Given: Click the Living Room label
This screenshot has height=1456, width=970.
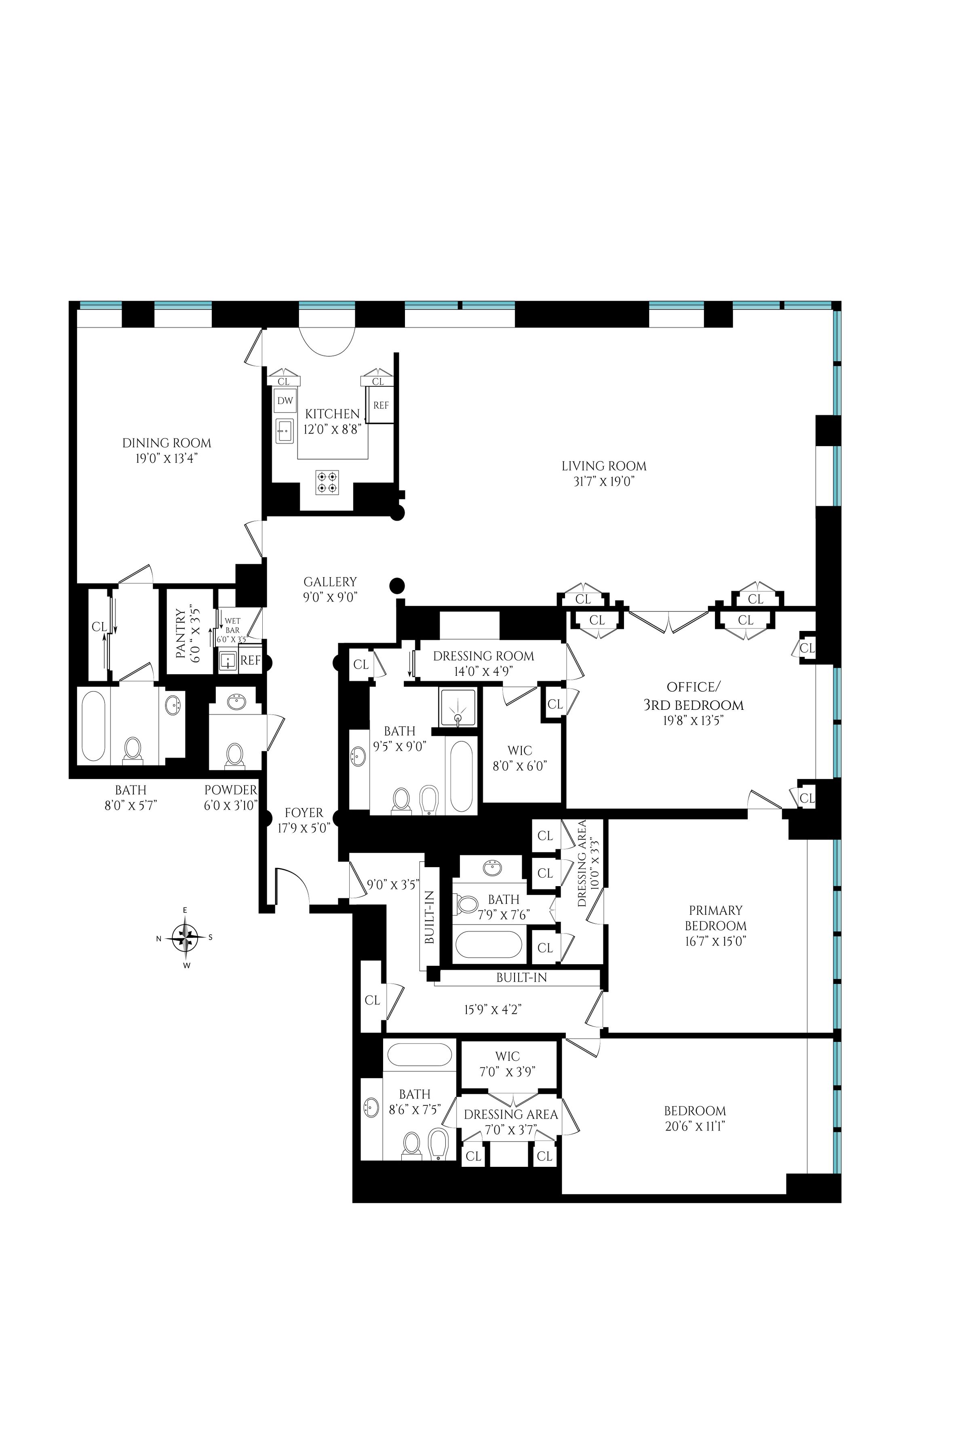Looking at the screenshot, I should tap(604, 466).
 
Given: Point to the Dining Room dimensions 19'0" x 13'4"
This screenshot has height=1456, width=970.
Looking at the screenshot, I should tap(167, 459).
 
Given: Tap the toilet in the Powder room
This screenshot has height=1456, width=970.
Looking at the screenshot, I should tap(234, 755).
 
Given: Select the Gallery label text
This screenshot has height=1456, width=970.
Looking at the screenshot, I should tap(330, 582).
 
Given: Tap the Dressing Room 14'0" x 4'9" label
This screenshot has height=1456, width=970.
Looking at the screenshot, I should tap(483, 656).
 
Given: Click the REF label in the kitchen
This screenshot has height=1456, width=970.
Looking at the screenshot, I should tap(381, 406).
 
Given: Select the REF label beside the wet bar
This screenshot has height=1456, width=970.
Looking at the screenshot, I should tap(251, 660).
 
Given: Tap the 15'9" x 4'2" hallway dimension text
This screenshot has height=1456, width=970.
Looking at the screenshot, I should tap(493, 1009).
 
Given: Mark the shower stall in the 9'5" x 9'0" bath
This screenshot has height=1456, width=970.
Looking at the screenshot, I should tap(458, 707).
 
